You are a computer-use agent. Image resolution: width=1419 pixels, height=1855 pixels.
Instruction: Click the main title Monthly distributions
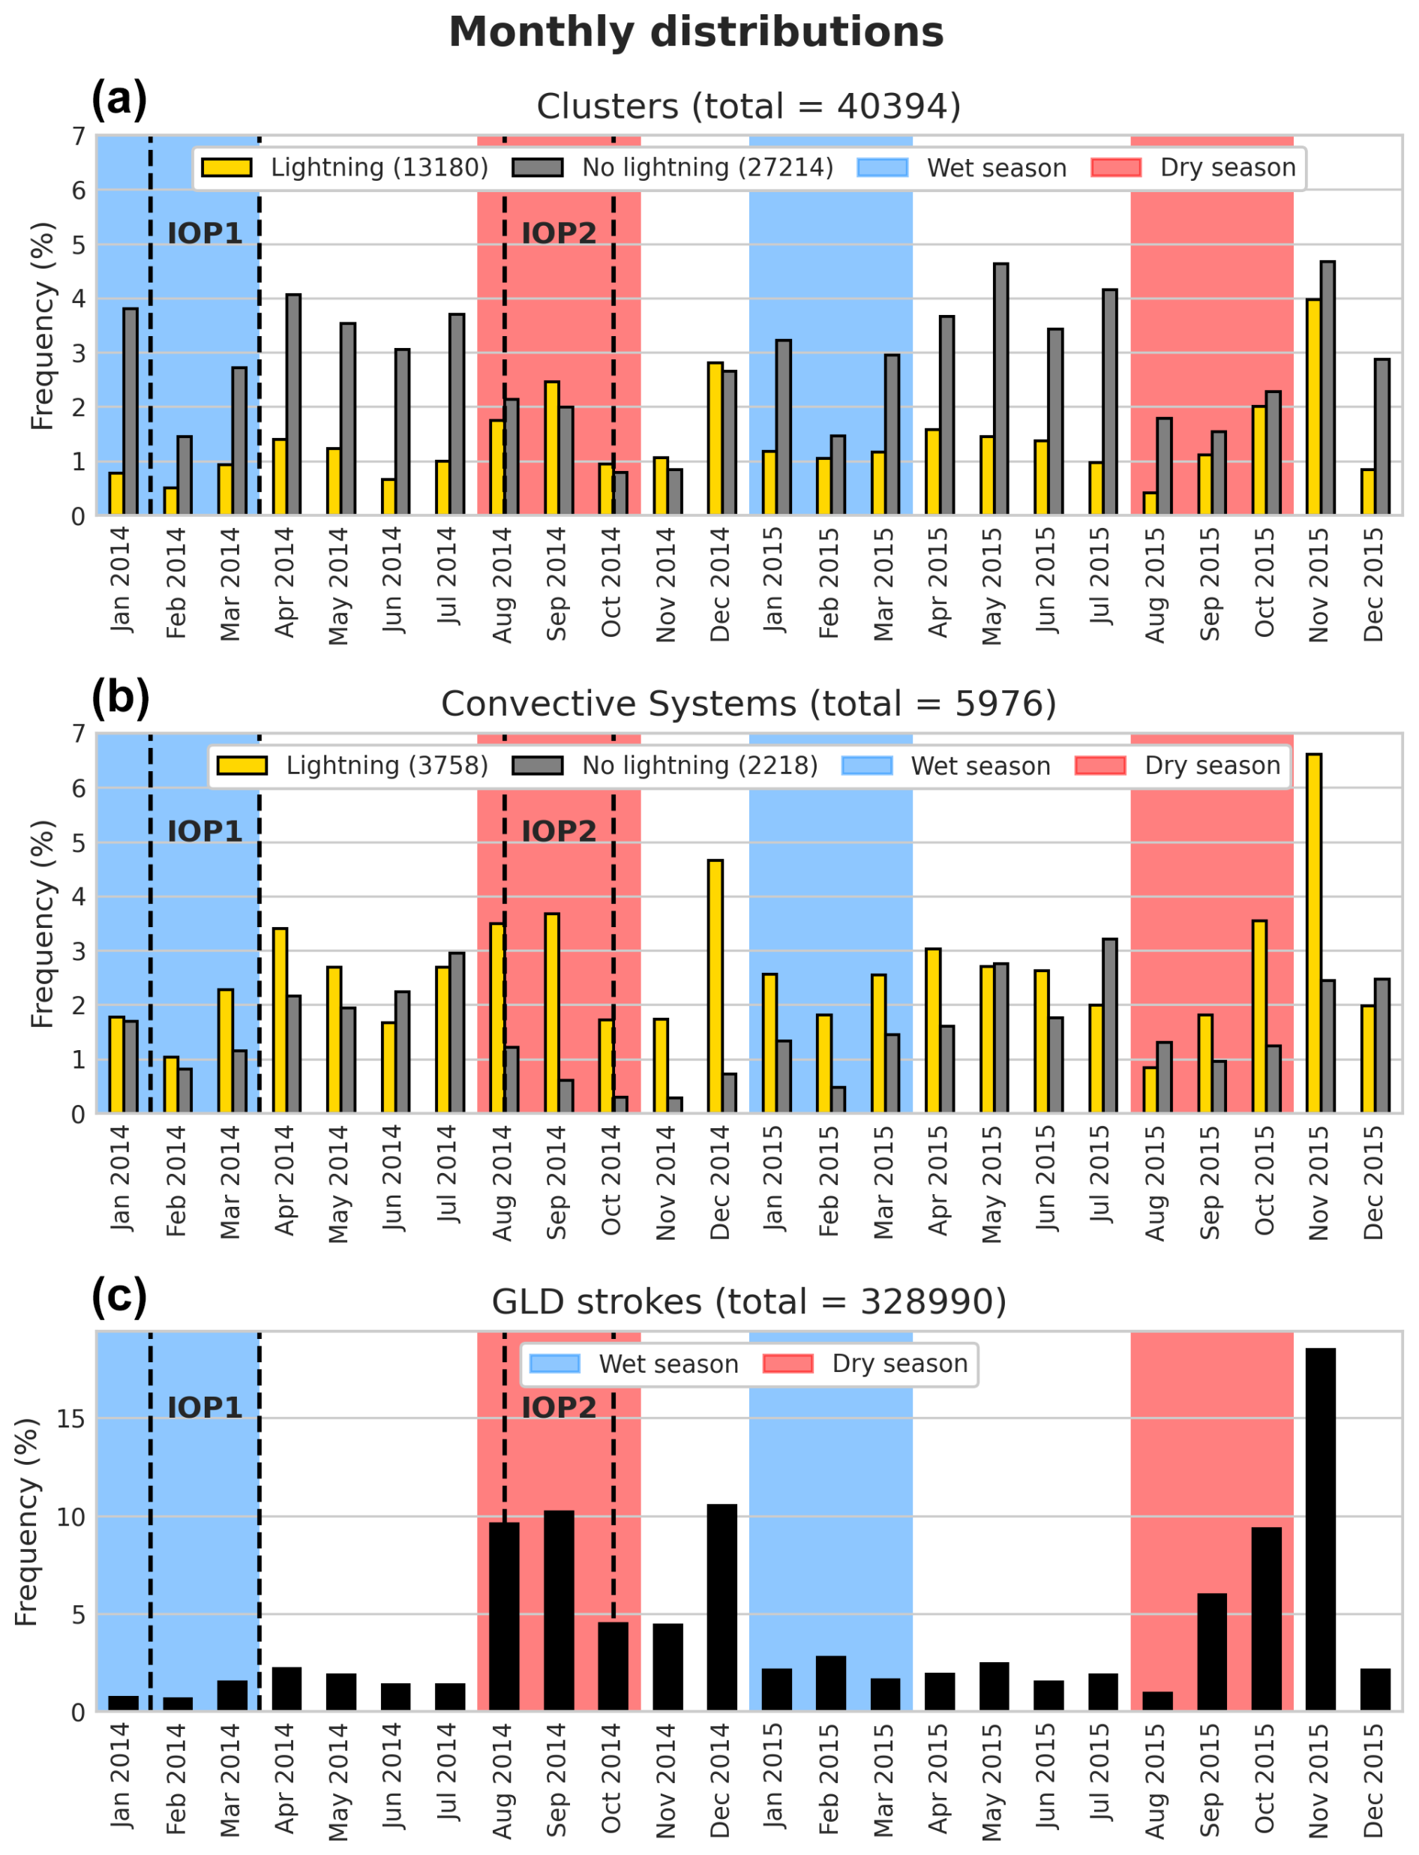(x=696, y=33)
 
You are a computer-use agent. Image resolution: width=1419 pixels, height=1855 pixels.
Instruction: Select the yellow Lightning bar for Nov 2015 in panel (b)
(x=1313, y=933)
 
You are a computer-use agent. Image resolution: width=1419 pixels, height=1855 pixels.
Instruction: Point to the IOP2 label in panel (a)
(x=558, y=233)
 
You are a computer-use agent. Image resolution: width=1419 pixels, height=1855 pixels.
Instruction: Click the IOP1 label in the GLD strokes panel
(x=205, y=1408)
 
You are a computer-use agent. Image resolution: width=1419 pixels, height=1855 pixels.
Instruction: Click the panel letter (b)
(x=120, y=697)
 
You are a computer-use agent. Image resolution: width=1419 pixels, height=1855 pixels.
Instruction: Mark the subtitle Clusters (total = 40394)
(x=748, y=107)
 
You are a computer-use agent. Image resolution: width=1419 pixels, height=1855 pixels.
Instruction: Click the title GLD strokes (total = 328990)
(x=748, y=1301)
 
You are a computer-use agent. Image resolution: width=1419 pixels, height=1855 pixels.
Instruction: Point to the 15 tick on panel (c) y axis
(x=72, y=1419)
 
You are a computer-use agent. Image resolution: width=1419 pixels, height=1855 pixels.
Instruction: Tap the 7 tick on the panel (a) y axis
(x=78, y=136)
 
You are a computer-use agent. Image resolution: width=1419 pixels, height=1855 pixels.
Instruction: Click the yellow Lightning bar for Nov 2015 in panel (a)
(x=1313, y=407)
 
